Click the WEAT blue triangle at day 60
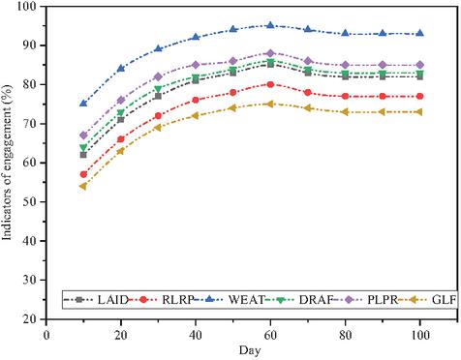tap(270, 25)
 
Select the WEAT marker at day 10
tap(83, 104)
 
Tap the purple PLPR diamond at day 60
tap(270, 53)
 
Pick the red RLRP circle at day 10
tap(83, 174)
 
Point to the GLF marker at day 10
tap(83, 186)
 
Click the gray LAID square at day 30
tap(158, 96)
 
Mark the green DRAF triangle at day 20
tap(121, 113)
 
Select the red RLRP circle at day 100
tap(419, 96)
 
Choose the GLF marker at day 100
tap(419, 112)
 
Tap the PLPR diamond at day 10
tap(83, 135)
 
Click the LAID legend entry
tap(97, 300)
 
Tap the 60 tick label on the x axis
tap(270, 336)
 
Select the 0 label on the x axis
tap(46, 336)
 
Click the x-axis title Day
tap(250, 351)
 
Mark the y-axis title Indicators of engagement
tap(7, 163)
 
